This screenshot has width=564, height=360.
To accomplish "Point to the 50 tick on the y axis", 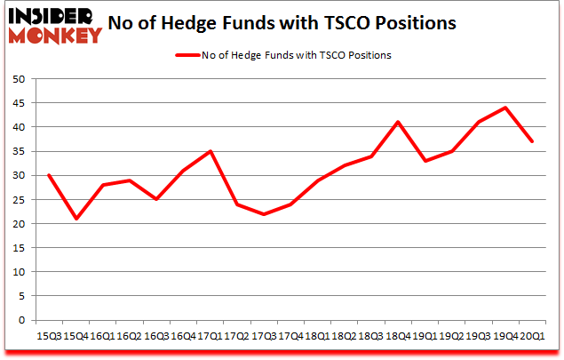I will tap(18, 79).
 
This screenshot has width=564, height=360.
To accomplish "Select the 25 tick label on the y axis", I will tap(18, 199).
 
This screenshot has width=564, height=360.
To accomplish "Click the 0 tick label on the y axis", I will tap(21, 320).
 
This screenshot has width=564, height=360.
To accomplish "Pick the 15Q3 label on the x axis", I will tap(48, 336).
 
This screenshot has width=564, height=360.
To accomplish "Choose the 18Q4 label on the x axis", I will tap(399, 336).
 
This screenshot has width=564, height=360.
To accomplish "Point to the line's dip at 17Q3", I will tap(264, 213).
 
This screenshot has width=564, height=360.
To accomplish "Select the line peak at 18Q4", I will tap(399, 122).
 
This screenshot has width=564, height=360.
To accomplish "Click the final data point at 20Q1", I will tap(531, 141).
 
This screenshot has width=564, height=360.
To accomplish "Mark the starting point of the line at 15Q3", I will tap(48, 175).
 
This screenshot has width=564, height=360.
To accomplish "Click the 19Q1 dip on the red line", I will tap(426, 161).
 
